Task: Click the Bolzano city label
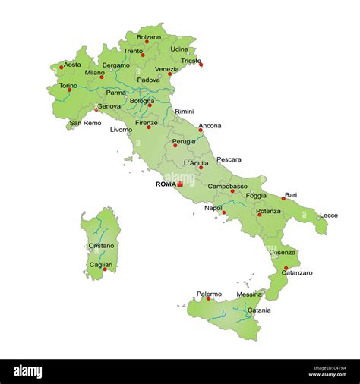coord(148,36)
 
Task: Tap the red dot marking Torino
coord(69,90)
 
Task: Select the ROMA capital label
coord(165,184)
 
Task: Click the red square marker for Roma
coord(180,184)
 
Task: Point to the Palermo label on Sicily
coord(209,294)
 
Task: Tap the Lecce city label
coord(329,215)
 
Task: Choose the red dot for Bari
coord(283,199)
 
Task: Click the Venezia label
coord(166,68)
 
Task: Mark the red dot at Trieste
coord(201,65)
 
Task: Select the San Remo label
coord(85,123)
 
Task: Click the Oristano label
coord(101,246)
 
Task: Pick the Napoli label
coord(213,207)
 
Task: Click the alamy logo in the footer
coord(38,371)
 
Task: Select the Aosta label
coord(72,65)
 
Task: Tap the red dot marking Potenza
coord(259,215)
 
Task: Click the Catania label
coord(258,310)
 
